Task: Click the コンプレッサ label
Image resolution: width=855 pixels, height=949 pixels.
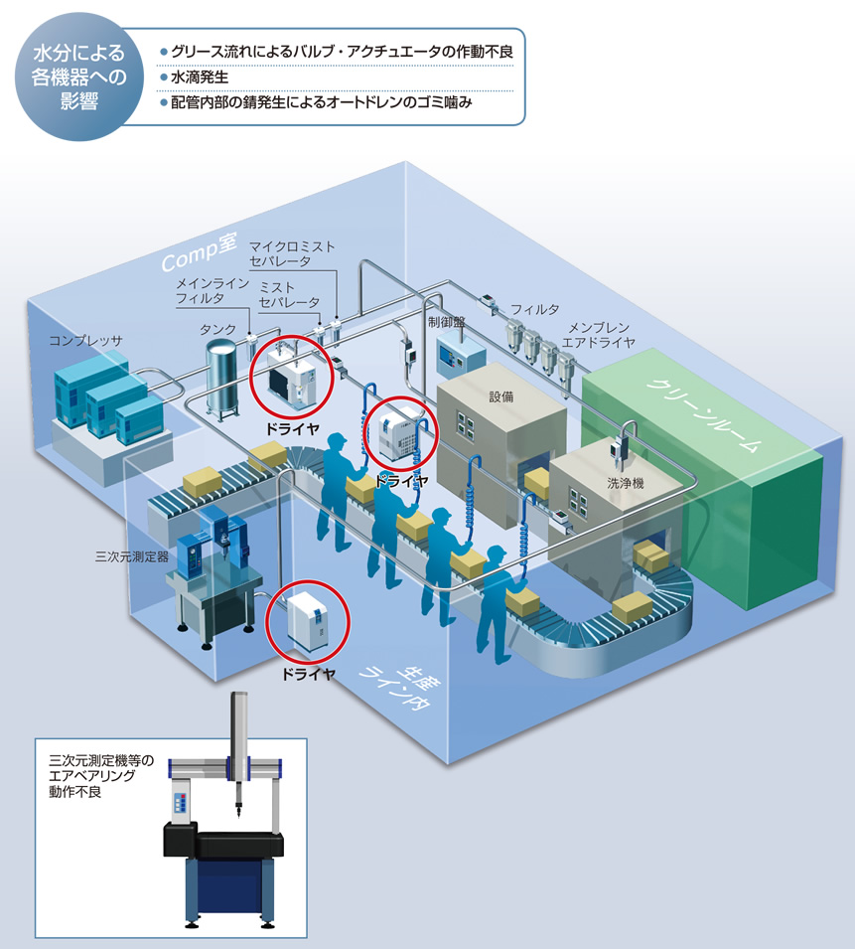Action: (85, 341)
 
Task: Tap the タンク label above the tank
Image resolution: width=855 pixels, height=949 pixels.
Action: (217, 329)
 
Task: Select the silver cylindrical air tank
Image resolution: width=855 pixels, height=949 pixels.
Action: (222, 379)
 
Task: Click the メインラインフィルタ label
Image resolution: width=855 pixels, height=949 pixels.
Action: (213, 290)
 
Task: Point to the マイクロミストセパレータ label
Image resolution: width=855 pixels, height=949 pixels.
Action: (291, 253)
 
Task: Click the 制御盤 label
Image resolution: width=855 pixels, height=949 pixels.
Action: (446, 322)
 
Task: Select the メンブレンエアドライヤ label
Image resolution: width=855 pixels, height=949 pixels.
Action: (599, 335)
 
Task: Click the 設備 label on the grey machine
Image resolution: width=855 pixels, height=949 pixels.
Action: (501, 397)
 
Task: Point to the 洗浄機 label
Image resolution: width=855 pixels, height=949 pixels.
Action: (626, 483)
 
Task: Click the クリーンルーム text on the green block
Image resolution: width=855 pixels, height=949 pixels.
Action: (703, 414)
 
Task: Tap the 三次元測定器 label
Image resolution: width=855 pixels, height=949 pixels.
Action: (132, 556)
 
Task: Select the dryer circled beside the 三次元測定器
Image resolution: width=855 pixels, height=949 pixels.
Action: (307, 623)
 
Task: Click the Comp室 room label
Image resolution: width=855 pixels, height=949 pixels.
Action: (199, 251)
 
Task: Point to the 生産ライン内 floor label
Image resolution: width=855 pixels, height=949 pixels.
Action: (399, 688)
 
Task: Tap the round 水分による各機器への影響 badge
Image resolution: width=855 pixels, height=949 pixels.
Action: (79, 77)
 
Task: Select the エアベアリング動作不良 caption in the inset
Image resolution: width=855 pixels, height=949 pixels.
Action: (101, 776)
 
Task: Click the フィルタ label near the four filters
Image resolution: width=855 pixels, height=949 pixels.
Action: (534, 309)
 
